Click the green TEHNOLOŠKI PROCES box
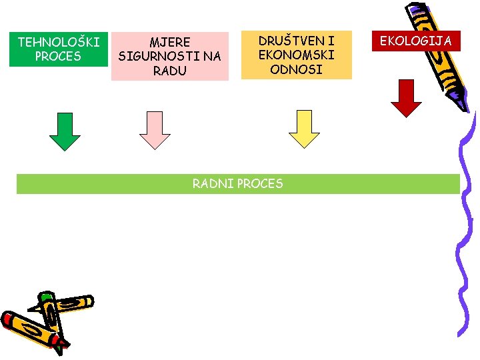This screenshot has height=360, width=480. [58, 49]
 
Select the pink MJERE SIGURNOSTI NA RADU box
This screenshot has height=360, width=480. [169, 57]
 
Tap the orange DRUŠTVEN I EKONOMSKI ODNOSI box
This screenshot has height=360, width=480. [296, 55]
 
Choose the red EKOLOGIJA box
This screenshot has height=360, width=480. [416, 41]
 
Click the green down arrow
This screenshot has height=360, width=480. [65, 131]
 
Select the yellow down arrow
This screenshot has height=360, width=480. [304, 129]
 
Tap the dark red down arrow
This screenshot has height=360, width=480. [406, 98]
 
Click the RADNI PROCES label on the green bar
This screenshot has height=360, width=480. [237, 183]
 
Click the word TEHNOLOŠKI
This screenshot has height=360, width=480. [59, 43]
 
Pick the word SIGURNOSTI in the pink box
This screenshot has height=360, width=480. [169, 57]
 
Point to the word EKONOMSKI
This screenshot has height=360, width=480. [296, 55]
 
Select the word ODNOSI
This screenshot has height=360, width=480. [296, 69]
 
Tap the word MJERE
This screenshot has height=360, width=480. [169, 43]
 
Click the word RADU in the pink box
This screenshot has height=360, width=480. [169, 71]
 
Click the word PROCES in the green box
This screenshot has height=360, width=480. [59, 57]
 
